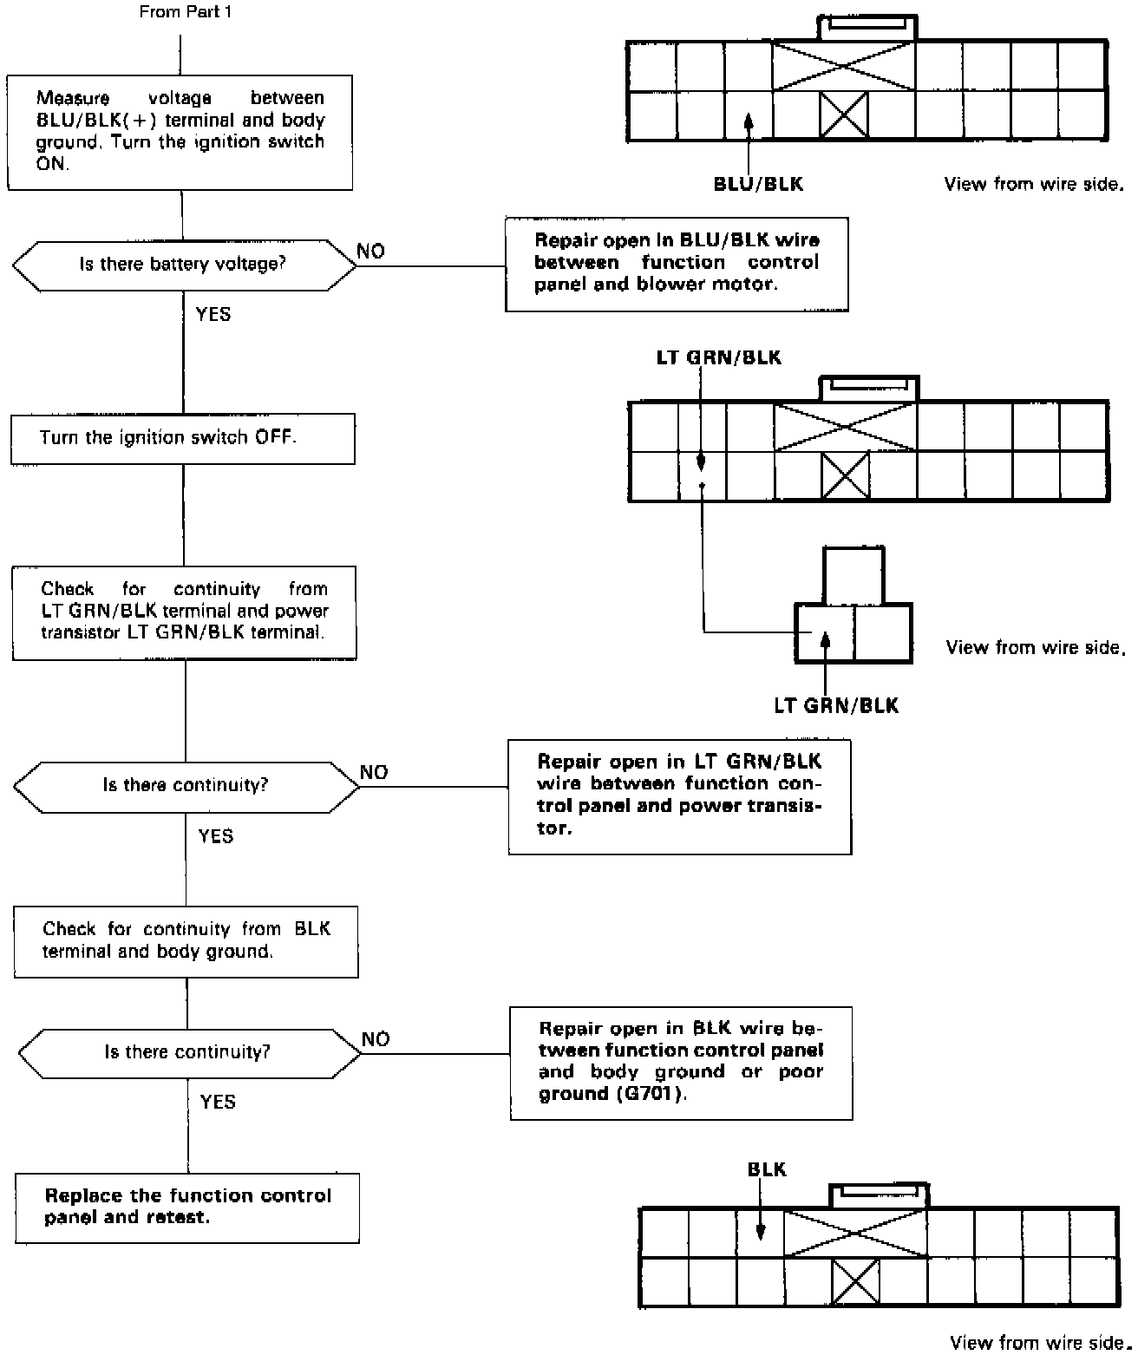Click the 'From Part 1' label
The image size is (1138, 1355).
tap(185, 12)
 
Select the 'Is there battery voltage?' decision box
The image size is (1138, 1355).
tap(183, 265)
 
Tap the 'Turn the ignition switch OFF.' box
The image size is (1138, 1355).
tap(182, 438)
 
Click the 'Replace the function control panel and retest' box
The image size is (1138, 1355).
tap(186, 1207)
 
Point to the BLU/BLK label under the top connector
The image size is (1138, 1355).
tap(757, 184)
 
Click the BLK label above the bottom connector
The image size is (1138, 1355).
tap(767, 1169)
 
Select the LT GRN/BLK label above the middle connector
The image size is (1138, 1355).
tap(718, 357)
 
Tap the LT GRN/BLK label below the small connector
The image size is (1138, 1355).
tap(836, 705)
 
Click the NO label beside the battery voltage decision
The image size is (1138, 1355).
tap(371, 252)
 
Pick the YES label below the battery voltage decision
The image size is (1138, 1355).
tap(213, 314)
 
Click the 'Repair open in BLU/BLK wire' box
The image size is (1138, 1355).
tap(677, 264)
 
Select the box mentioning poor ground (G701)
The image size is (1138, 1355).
tap(681, 1062)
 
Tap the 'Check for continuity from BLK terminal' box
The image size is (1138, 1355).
tap(186, 941)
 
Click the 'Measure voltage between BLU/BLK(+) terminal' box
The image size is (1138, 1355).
tap(180, 131)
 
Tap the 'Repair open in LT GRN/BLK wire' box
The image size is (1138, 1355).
tap(679, 795)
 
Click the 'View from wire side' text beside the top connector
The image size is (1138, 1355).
tap(1033, 184)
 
